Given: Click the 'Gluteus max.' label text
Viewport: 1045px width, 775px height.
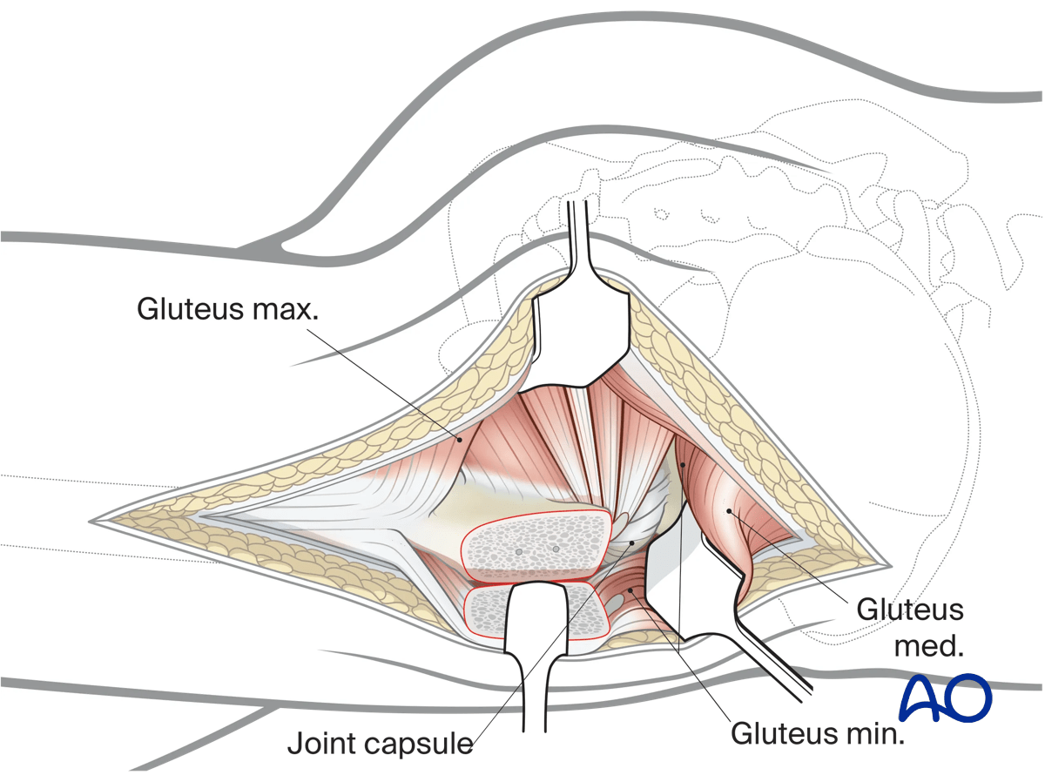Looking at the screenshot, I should (x=227, y=308).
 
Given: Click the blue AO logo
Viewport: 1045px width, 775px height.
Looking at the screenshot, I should (x=946, y=696).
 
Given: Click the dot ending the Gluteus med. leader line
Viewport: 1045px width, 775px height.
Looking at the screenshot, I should (x=730, y=510).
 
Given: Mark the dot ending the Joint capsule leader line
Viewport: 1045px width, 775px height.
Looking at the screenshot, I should (x=634, y=542).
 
